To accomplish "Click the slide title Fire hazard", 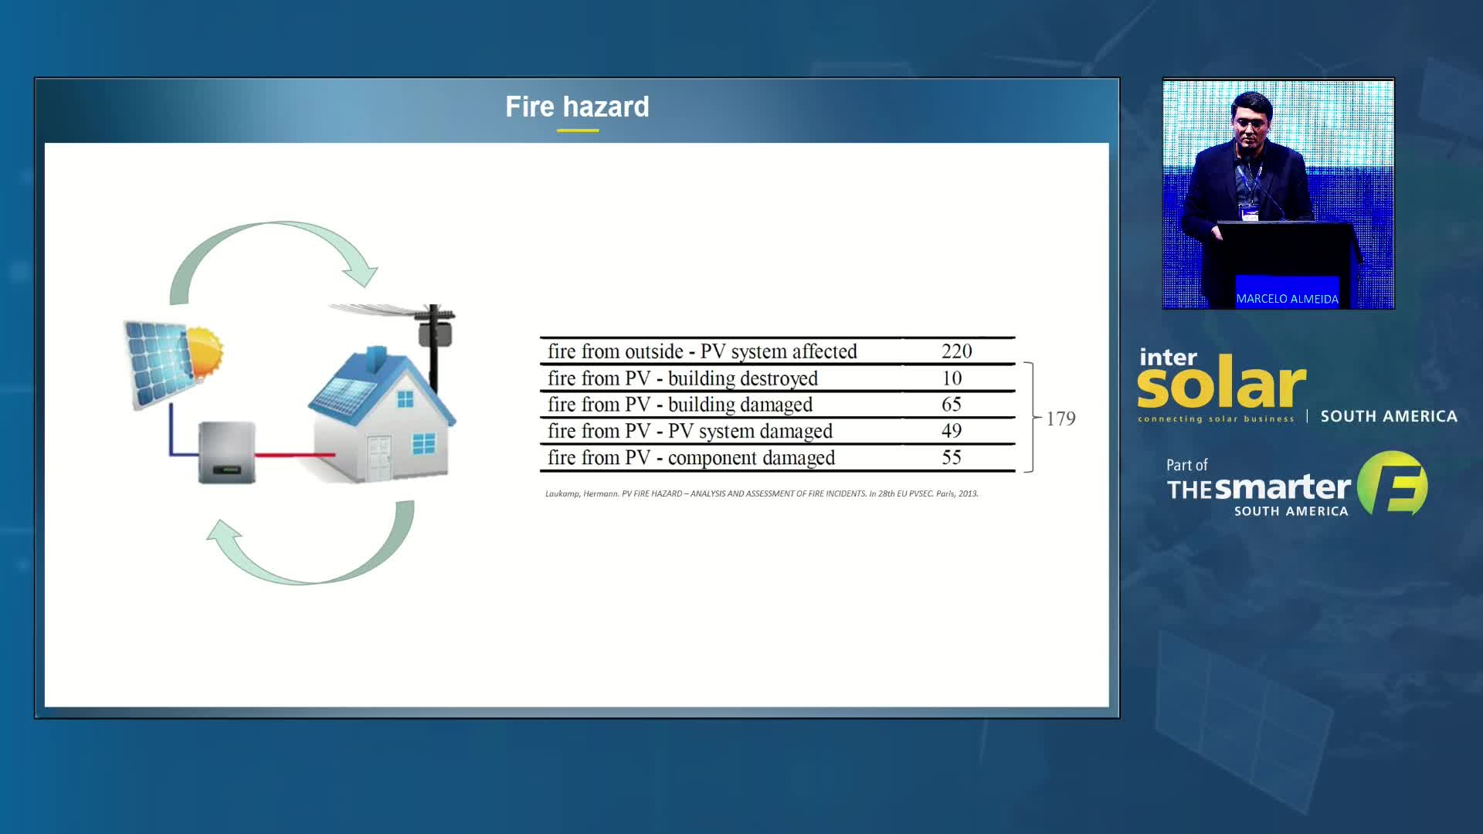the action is [x=577, y=107].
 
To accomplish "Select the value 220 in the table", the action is [x=956, y=351].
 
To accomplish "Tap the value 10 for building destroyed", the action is [x=952, y=378].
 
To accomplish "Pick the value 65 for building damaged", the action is [x=951, y=405].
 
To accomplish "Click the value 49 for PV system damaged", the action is [x=951, y=431].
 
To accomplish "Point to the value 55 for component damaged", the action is [x=951, y=457].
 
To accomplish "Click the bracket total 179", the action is [x=1060, y=419].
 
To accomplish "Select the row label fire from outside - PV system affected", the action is [x=702, y=352].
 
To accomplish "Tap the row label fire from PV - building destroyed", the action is [x=683, y=378].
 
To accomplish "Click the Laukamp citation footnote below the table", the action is [x=762, y=493].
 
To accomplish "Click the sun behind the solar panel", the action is [x=204, y=353].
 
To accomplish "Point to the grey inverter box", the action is [x=227, y=453].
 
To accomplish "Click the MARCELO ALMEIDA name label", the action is [x=1287, y=299].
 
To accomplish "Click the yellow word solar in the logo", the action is [x=1221, y=384].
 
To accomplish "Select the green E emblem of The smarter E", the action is [x=1393, y=483].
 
